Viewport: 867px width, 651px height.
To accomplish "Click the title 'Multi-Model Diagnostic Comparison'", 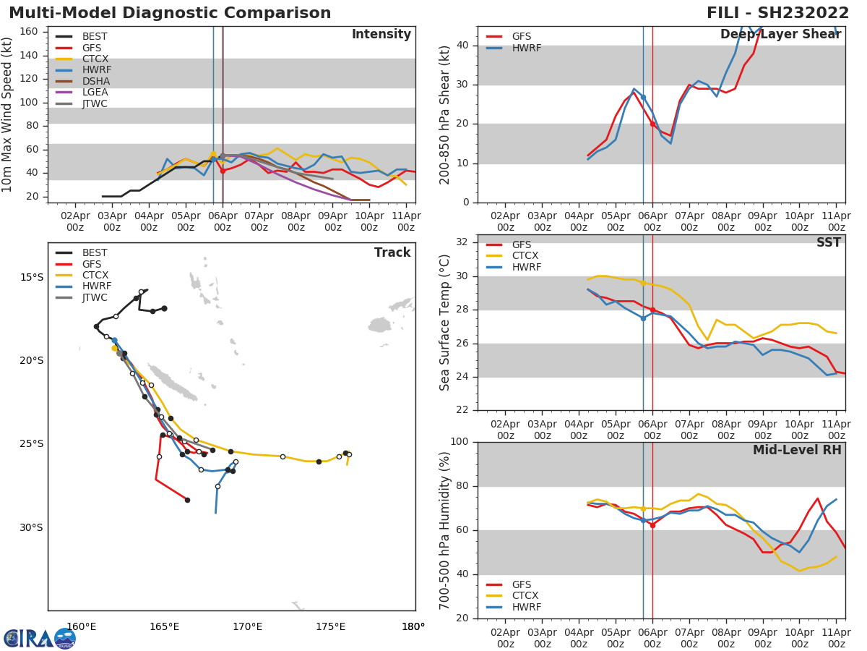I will tap(170, 13).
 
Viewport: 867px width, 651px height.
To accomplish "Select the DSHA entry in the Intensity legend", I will tap(95, 81).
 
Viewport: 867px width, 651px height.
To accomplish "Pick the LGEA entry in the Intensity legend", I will tap(95, 93).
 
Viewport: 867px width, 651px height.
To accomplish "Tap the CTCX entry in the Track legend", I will tap(95, 276).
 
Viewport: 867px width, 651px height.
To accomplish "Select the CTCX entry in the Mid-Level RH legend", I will tap(525, 596).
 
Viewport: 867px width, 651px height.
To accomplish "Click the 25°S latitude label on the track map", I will tap(31, 444).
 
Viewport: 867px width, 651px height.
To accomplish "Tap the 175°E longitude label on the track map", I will tap(330, 626).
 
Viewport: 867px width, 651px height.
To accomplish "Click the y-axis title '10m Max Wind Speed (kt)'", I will tap(8, 114).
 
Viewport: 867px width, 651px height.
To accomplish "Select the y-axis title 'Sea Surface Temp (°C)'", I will tap(445, 323).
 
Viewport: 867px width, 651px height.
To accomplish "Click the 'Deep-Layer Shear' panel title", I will tap(780, 35).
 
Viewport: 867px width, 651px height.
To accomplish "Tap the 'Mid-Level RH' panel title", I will tap(797, 450).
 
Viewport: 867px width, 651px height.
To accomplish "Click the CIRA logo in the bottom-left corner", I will tap(40, 638).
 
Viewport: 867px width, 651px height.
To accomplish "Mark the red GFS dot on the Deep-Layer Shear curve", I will tap(652, 124).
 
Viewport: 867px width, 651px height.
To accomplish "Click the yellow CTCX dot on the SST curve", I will tap(643, 283).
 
